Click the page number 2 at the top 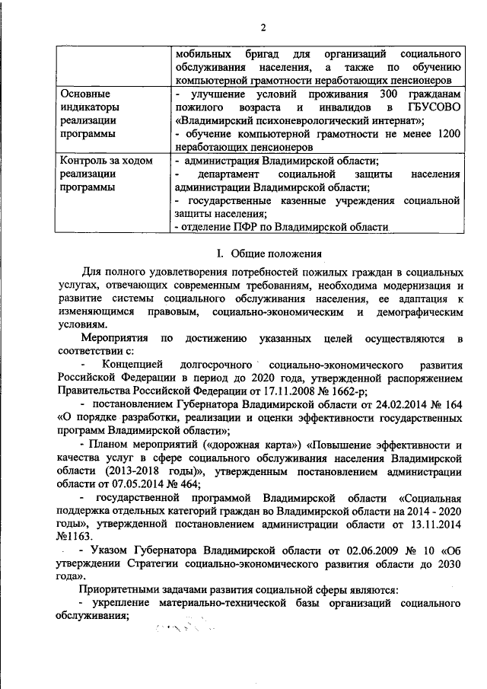[x=262, y=28]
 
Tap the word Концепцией [x=132, y=365]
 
